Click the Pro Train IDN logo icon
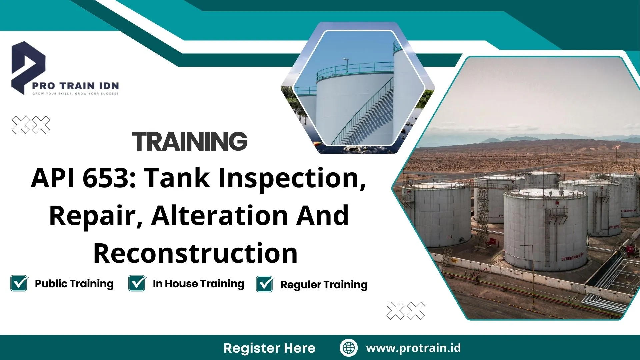tap(27, 67)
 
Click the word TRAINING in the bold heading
tap(190, 141)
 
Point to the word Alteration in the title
tap(220, 216)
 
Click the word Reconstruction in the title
tap(195, 253)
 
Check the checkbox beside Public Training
tap(19, 283)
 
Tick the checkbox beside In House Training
tap(137, 283)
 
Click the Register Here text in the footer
tap(269, 348)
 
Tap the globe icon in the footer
tap(349, 348)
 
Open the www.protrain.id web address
tap(413, 348)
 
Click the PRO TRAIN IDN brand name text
tap(75, 86)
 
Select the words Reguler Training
tap(324, 285)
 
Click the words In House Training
tap(198, 284)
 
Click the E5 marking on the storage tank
tap(450, 237)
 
